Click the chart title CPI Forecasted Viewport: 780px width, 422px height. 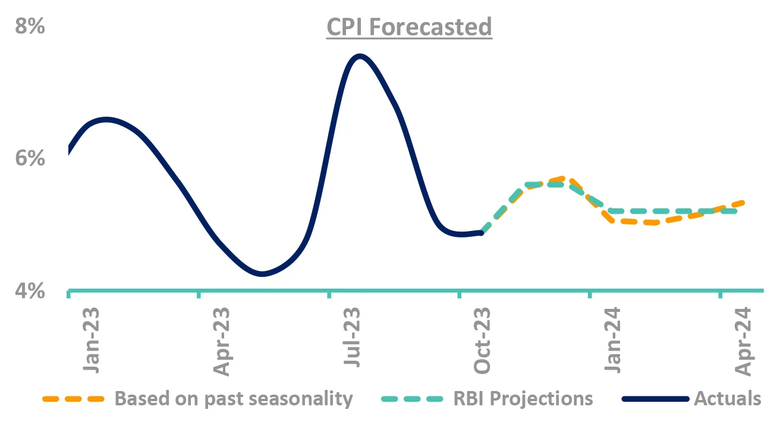click(x=409, y=27)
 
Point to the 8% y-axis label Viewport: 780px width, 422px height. click(x=29, y=27)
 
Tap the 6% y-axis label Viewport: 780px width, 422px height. click(x=29, y=160)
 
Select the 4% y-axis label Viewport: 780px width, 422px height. click(x=29, y=292)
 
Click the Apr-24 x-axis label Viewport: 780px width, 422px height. click(x=743, y=342)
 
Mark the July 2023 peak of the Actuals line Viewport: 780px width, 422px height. click(x=359, y=57)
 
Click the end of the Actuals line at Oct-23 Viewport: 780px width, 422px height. click(x=481, y=233)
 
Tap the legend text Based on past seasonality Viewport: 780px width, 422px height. click(x=234, y=398)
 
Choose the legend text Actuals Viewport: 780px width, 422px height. click(x=727, y=398)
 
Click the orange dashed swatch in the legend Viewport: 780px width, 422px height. click(x=74, y=398)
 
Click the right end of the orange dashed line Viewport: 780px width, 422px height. click(x=743, y=202)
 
